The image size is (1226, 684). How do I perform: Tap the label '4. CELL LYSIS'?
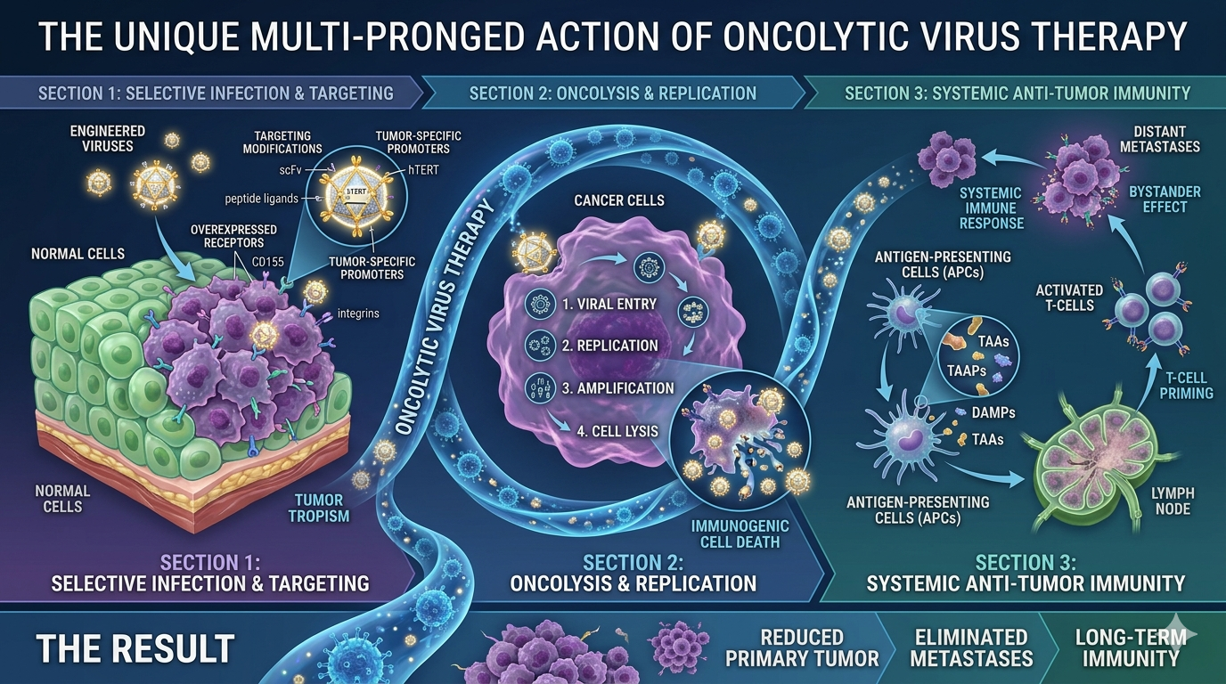[x=617, y=431]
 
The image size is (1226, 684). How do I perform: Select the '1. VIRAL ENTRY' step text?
[x=609, y=305]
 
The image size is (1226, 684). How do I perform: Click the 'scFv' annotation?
[x=291, y=170]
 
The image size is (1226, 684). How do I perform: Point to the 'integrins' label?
[x=358, y=313]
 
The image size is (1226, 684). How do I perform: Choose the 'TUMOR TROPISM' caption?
[x=319, y=508]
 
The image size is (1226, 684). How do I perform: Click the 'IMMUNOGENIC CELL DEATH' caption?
[x=740, y=534]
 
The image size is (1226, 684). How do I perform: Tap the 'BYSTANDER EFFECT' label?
[x=1165, y=199]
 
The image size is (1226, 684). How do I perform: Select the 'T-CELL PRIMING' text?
[x=1186, y=386]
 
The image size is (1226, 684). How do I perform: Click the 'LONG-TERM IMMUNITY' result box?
[x=1131, y=647]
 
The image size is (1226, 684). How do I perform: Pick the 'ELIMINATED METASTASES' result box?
[x=971, y=647]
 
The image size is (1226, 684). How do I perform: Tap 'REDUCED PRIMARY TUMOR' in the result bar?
[x=803, y=647]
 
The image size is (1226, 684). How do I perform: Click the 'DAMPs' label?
[x=993, y=412]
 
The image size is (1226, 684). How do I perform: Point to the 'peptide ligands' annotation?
[x=262, y=199]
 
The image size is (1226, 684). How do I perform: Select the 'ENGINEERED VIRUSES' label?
[x=108, y=138]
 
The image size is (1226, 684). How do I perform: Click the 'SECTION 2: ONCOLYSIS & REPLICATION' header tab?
[x=613, y=93]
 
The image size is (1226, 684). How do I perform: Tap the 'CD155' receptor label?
[x=268, y=262]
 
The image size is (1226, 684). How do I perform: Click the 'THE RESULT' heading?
[x=135, y=648]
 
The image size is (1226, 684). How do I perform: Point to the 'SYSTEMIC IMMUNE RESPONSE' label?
[x=992, y=208]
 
